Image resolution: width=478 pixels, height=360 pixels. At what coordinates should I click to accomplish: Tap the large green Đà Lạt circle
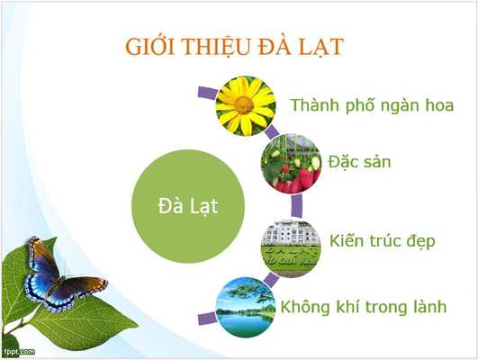[x=187, y=205]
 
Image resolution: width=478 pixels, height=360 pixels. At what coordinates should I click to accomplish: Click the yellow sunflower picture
[x=245, y=106]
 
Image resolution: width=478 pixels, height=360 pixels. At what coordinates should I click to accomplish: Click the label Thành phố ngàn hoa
[x=371, y=105]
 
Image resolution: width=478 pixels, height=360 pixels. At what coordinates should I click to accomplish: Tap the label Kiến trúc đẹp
[x=382, y=241]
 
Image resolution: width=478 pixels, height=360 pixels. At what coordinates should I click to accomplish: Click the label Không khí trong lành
[x=363, y=307]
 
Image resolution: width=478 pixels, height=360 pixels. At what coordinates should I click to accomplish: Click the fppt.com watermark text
[x=19, y=349]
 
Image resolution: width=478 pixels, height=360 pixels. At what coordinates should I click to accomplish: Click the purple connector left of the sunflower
[x=205, y=92]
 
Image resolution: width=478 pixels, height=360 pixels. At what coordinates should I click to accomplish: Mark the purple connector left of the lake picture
[x=205, y=316]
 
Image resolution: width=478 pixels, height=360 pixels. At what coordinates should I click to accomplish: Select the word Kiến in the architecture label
[x=347, y=241]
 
